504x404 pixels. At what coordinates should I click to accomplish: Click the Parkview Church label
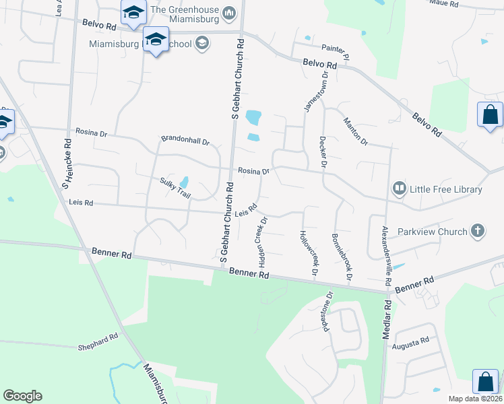(x=437, y=232)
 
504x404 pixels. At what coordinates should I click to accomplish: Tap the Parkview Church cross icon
(x=477, y=231)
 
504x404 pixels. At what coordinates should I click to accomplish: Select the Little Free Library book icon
(x=400, y=189)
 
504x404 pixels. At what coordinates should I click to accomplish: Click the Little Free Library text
(x=446, y=189)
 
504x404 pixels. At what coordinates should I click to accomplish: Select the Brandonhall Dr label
(x=185, y=141)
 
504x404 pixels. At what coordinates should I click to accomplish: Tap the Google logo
(x=22, y=396)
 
